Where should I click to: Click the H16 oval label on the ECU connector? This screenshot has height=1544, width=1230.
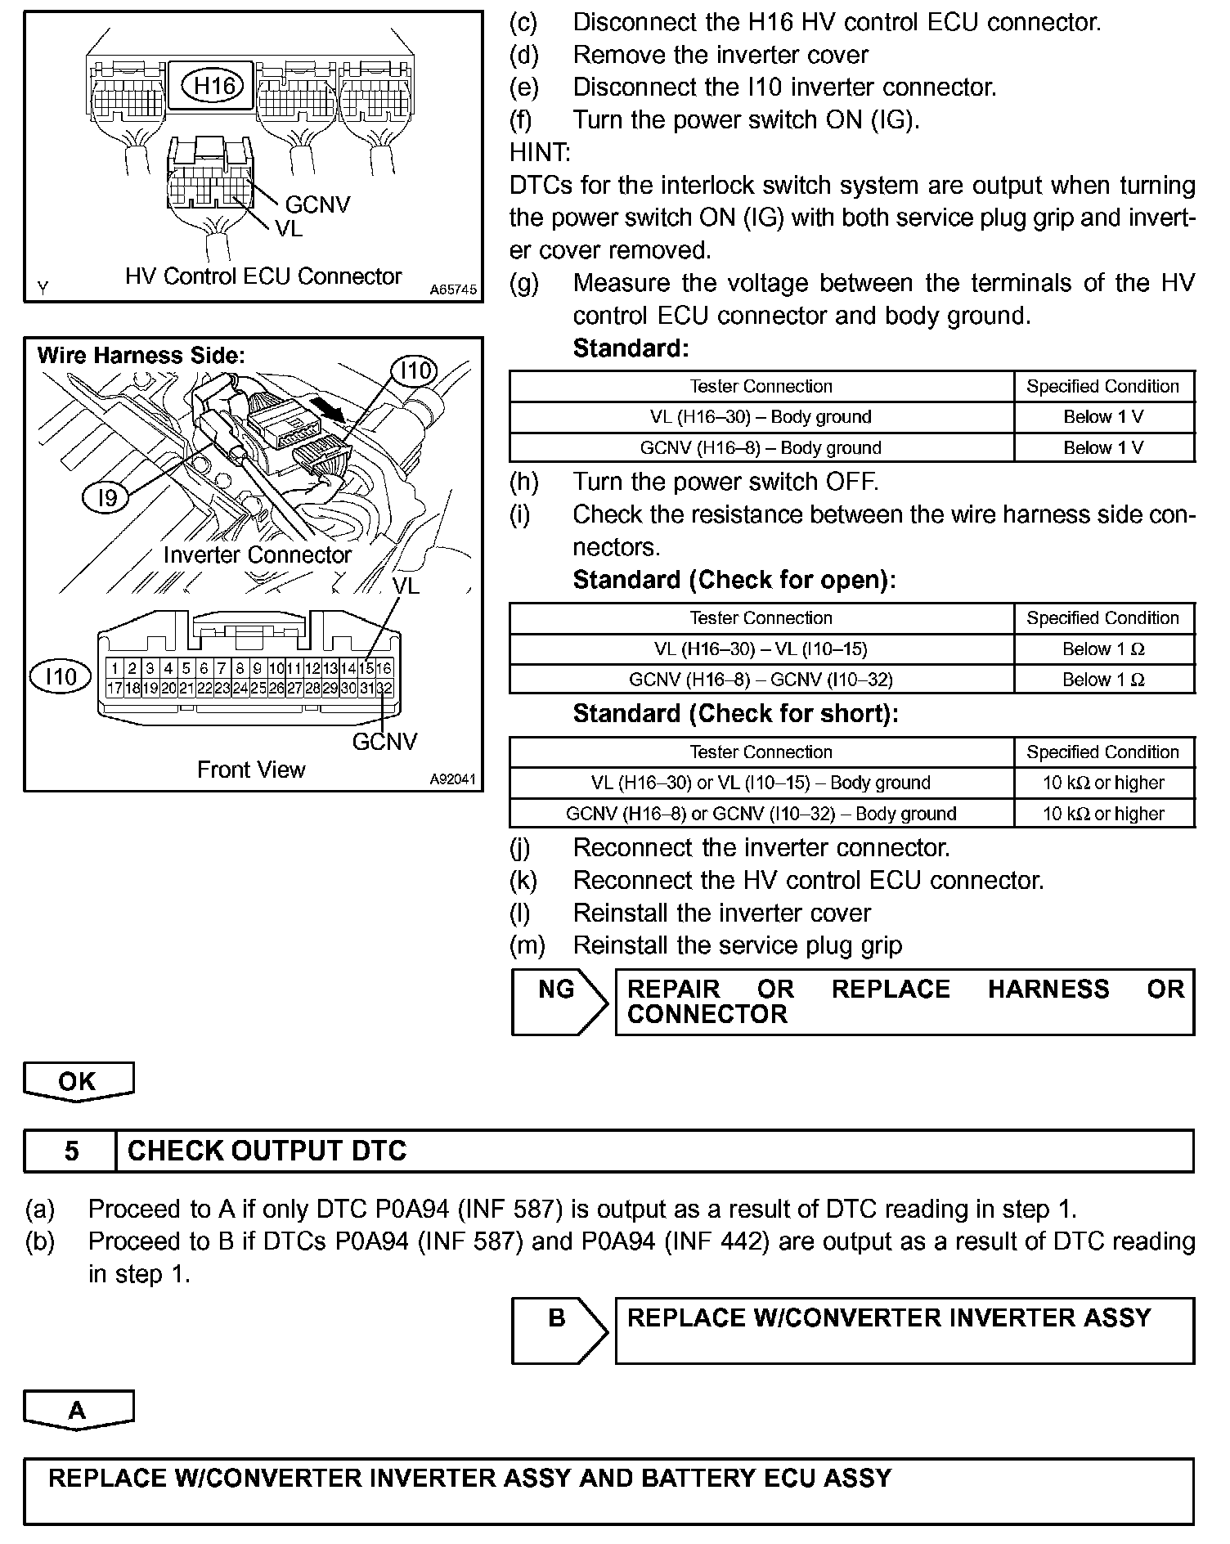(x=213, y=86)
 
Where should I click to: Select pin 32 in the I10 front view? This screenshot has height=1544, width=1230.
(x=384, y=689)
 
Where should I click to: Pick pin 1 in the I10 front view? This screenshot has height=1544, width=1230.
(x=115, y=668)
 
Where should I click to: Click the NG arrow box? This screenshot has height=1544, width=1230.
(x=559, y=1001)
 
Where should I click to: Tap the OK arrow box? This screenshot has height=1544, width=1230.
(x=78, y=1081)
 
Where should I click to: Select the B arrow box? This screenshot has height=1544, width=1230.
(x=559, y=1330)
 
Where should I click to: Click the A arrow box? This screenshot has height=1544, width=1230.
(x=78, y=1410)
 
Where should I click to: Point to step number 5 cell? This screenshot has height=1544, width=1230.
(x=71, y=1151)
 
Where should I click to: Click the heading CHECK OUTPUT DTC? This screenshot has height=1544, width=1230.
(x=267, y=1151)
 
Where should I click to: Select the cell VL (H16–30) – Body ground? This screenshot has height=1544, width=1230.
(x=761, y=417)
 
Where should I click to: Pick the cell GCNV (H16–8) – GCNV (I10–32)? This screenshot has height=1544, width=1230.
(x=761, y=680)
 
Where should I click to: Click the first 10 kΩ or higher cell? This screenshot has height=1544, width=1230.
(x=1103, y=783)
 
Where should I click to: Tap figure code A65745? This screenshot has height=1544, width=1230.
(x=453, y=289)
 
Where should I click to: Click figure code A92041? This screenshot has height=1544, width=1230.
(x=453, y=779)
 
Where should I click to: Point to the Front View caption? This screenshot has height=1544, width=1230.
(x=251, y=770)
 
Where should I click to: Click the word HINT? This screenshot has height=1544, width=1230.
(x=540, y=152)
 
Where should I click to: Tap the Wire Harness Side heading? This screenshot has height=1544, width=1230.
(x=141, y=356)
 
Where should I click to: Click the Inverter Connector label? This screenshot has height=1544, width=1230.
(x=257, y=555)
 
